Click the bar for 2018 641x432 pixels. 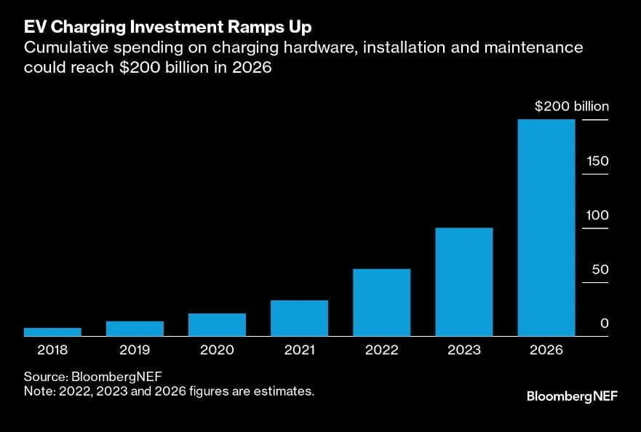(52, 332)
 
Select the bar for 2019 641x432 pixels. (135, 329)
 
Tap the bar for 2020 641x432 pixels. (217, 324)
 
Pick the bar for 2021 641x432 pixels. (299, 318)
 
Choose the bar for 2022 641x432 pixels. (381, 303)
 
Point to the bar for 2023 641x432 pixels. (463, 282)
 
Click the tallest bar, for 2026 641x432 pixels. (546, 228)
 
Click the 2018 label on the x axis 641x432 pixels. (52, 350)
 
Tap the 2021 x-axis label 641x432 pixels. (299, 350)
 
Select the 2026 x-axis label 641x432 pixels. (546, 350)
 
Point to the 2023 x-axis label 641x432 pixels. (463, 350)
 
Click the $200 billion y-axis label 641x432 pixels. (571, 107)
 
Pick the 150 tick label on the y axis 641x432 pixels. (598, 161)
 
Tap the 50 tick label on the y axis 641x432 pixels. (600, 270)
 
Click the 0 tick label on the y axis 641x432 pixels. (604, 324)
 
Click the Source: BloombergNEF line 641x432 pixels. (92, 376)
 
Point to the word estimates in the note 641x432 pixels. (287, 391)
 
